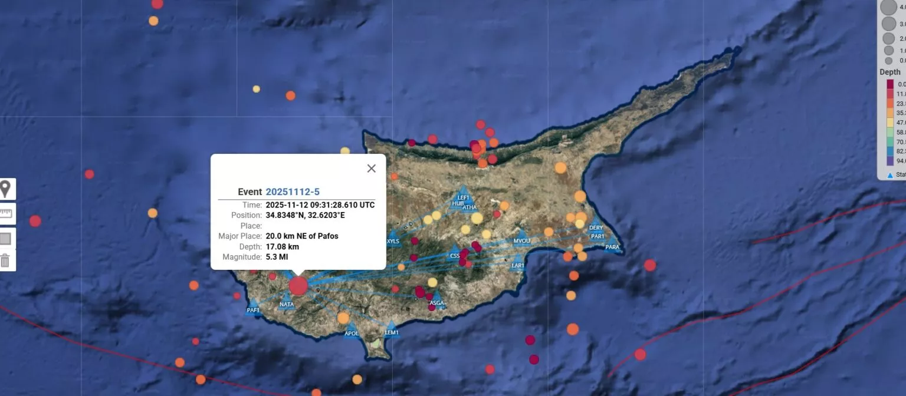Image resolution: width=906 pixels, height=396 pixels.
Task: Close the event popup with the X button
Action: [371, 169]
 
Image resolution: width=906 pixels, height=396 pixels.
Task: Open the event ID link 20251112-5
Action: [293, 192]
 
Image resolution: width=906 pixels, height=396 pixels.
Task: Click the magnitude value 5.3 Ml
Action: [277, 257]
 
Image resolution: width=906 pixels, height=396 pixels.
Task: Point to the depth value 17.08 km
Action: [282, 246]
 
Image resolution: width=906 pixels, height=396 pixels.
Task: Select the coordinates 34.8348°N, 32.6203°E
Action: [305, 215]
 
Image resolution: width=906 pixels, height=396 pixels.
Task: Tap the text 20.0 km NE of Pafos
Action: [301, 236]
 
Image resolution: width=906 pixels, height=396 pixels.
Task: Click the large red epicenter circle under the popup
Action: [298, 286]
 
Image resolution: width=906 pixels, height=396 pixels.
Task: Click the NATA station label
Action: [287, 304]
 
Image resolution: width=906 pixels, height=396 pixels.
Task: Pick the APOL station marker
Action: [352, 329]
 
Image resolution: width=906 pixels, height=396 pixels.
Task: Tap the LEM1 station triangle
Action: [391, 328]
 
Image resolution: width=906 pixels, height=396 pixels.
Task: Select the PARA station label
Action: [612, 247]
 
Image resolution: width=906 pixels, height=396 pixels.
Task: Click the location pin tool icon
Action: [6, 189]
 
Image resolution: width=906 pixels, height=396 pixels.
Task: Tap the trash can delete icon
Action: [5, 260]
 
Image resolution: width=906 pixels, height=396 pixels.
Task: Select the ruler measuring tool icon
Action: [5, 213]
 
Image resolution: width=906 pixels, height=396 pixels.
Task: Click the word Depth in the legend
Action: [889, 72]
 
